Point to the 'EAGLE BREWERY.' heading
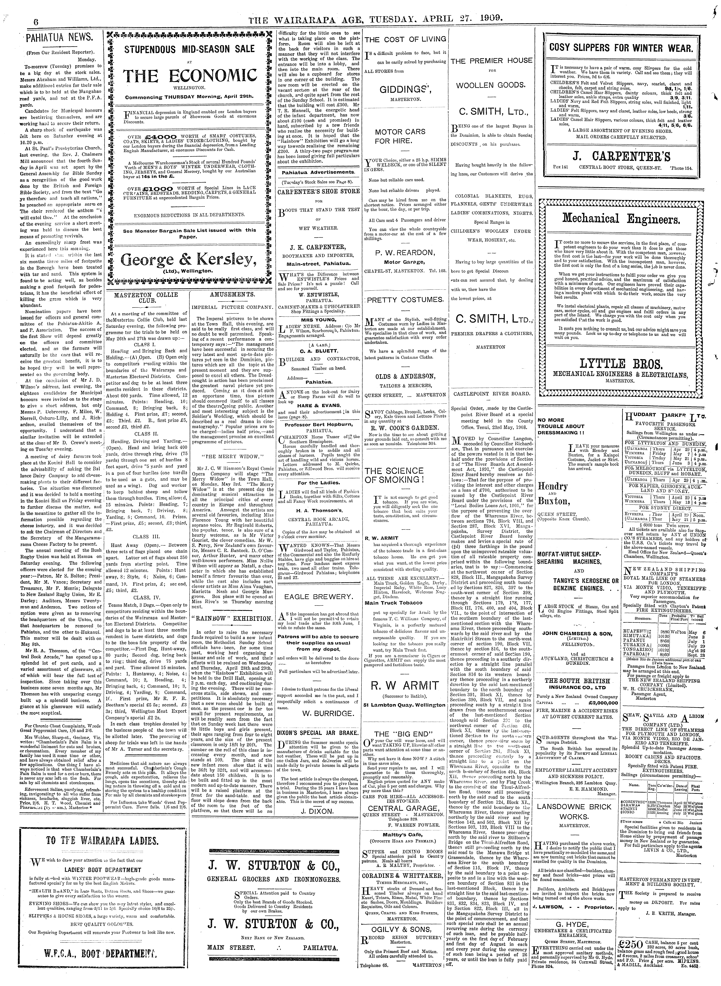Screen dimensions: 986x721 click(318, 597)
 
